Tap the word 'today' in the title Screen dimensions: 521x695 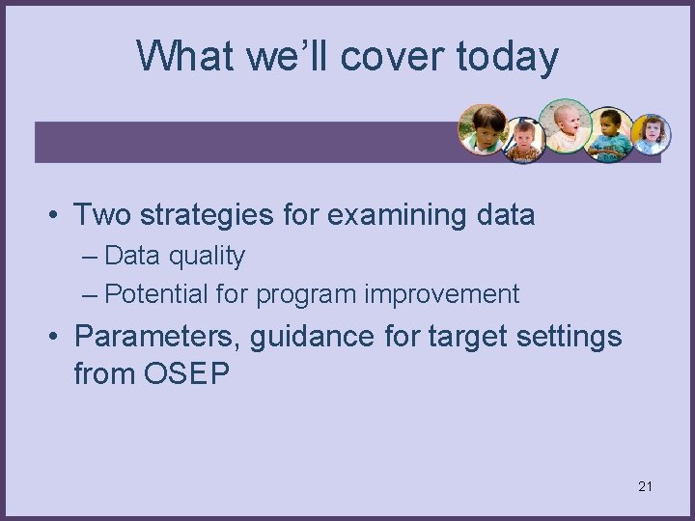[x=507, y=56]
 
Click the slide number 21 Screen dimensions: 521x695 [x=645, y=486]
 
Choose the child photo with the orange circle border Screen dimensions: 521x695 [x=483, y=129]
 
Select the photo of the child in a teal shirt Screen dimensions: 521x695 [x=610, y=133]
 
